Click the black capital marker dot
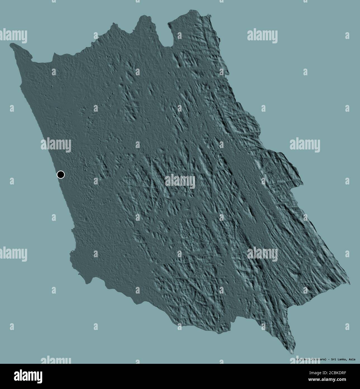pyautogui.click(x=61, y=175)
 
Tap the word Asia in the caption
pyautogui.click(x=352, y=359)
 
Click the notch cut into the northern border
pyautogui.click(x=165, y=42)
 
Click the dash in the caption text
pyautogui.click(x=328, y=359)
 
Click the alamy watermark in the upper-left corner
pyautogui.click(x=13, y=36)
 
